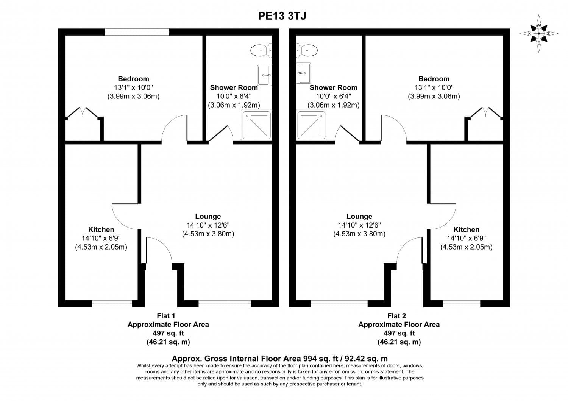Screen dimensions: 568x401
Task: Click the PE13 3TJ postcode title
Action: [x=282, y=16]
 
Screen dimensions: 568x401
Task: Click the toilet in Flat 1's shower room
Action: [x=261, y=50]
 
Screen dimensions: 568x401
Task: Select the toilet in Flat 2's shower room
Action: [x=307, y=50]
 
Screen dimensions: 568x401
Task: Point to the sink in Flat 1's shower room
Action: [x=264, y=75]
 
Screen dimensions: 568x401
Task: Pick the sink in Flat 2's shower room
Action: [x=303, y=73]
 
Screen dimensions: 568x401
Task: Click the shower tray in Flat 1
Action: [x=257, y=125]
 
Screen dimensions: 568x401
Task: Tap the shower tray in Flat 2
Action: [x=311, y=125]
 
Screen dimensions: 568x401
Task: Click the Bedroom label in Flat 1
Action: [x=133, y=79]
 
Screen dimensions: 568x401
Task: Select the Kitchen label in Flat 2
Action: [x=466, y=229]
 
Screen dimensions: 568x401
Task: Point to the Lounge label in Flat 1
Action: [x=208, y=216]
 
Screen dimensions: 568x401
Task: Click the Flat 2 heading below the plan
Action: [x=397, y=316]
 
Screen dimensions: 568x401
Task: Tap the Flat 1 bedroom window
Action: [x=137, y=32]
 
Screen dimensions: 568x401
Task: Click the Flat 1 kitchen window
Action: [x=112, y=304]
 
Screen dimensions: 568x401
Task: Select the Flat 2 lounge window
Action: [x=339, y=304]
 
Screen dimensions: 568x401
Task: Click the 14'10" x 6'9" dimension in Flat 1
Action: [x=101, y=238]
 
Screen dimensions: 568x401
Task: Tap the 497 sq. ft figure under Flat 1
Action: [x=169, y=333]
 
